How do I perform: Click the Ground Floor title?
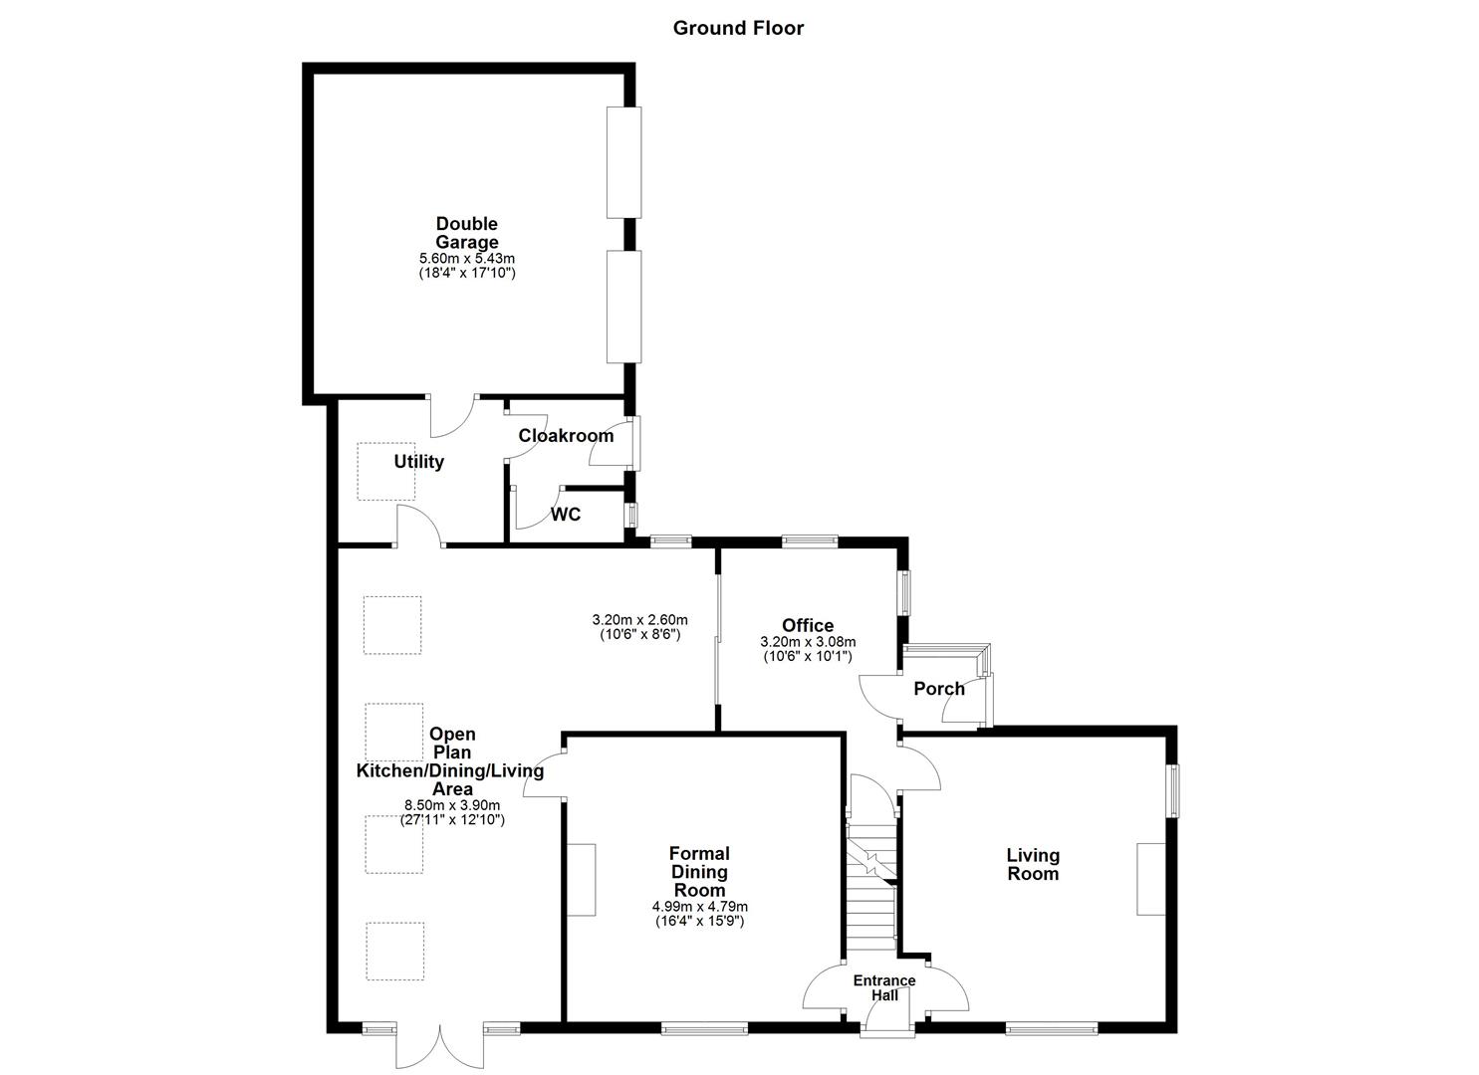tap(738, 28)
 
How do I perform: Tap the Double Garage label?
tap(466, 233)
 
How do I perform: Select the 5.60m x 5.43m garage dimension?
tap(466, 259)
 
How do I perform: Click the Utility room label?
tap(418, 462)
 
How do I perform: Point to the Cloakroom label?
tap(566, 436)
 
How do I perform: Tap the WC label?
tap(566, 515)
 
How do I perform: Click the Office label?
tap(808, 625)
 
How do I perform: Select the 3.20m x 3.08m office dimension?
tap(808, 643)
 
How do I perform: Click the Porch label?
tap(938, 689)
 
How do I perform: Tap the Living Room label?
tap(1033, 864)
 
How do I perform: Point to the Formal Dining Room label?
tap(699, 871)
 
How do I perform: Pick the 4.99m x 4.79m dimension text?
tap(699, 907)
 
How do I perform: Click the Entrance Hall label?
tap(884, 988)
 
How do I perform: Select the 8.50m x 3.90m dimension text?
tap(452, 806)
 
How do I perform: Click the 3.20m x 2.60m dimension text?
tap(639, 620)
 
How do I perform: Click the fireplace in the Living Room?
tap(1150, 878)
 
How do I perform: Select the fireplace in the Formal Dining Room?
tap(581, 880)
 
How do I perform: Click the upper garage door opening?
tap(623, 161)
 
